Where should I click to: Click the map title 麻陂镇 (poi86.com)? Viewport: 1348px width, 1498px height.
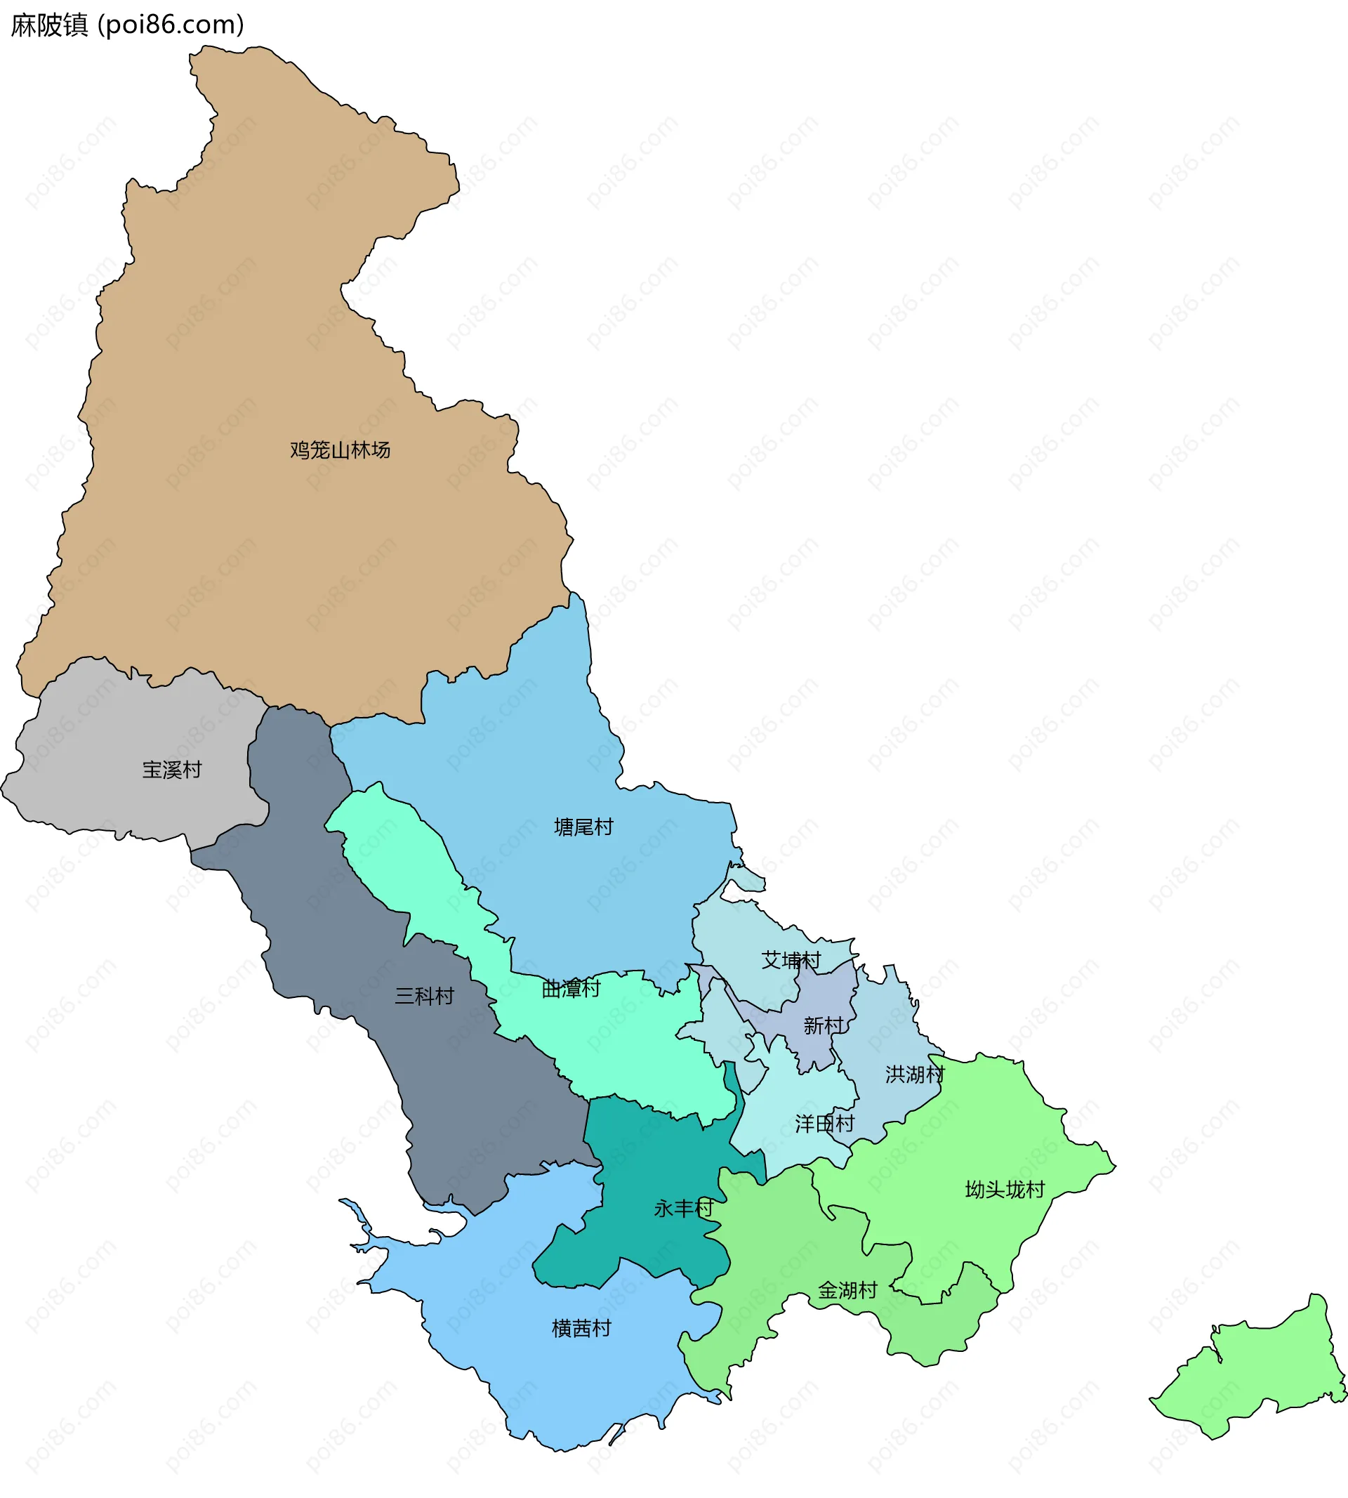127,25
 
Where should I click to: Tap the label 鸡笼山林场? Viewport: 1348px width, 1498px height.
340,449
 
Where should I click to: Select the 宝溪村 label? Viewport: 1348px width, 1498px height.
172,770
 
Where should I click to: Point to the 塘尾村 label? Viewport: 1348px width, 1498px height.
583,827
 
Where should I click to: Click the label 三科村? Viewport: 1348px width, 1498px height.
424,996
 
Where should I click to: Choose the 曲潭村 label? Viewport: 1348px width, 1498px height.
571,988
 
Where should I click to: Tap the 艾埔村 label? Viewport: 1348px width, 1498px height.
791,960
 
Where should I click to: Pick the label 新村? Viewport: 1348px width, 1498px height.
824,1025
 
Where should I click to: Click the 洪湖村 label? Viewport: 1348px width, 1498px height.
915,1075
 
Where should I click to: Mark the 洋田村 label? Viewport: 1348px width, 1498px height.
824,1124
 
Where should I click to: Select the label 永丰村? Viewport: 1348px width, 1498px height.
684,1209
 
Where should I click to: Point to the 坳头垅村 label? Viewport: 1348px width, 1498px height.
1005,1190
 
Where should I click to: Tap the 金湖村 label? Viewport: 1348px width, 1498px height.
847,1291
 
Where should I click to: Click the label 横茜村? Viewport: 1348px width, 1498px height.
581,1328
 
